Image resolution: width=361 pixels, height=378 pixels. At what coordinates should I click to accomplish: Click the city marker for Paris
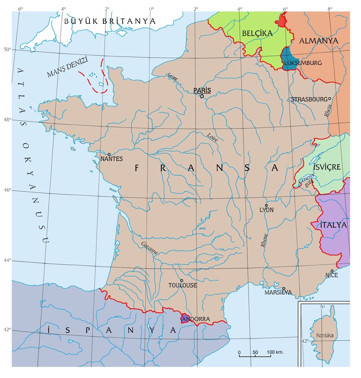point(202,96)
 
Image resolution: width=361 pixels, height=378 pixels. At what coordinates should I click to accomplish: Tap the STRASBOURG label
point(309,99)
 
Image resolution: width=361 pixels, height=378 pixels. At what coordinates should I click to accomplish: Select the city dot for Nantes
point(109,154)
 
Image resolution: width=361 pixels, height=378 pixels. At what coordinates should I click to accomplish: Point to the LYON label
point(266,210)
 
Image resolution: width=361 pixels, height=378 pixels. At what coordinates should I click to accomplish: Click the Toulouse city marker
point(181,280)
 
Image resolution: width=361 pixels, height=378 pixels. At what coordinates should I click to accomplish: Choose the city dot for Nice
point(332,271)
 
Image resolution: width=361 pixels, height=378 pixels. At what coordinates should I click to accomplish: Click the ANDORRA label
point(196,319)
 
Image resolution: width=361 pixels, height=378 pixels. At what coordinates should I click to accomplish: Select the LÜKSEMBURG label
point(303,63)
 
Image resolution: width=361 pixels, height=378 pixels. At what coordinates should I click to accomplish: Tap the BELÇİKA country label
point(257,33)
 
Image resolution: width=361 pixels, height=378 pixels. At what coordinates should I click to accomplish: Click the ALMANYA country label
point(318,41)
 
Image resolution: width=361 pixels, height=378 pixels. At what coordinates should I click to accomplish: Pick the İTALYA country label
point(333,225)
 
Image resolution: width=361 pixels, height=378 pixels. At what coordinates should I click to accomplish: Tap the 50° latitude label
point(7,49)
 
